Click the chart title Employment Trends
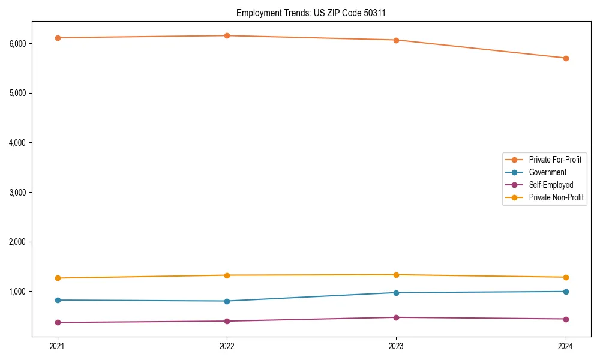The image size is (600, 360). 315,13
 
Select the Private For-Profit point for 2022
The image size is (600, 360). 227,35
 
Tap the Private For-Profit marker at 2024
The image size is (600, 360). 566,58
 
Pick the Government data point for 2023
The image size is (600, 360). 396,293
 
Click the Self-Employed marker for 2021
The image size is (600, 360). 58,322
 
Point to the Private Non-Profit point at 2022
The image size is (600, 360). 227,275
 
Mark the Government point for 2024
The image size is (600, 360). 566,292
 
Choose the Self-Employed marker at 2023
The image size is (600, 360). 396,317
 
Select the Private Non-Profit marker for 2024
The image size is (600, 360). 566,277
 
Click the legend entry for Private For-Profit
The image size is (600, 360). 554,160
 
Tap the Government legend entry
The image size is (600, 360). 547,172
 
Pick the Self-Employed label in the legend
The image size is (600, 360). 551,185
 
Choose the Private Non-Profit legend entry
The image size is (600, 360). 556,197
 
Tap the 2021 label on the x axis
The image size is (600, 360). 58,346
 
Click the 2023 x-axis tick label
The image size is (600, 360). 396,346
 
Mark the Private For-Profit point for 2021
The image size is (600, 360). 58,38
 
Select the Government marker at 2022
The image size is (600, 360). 227,301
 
